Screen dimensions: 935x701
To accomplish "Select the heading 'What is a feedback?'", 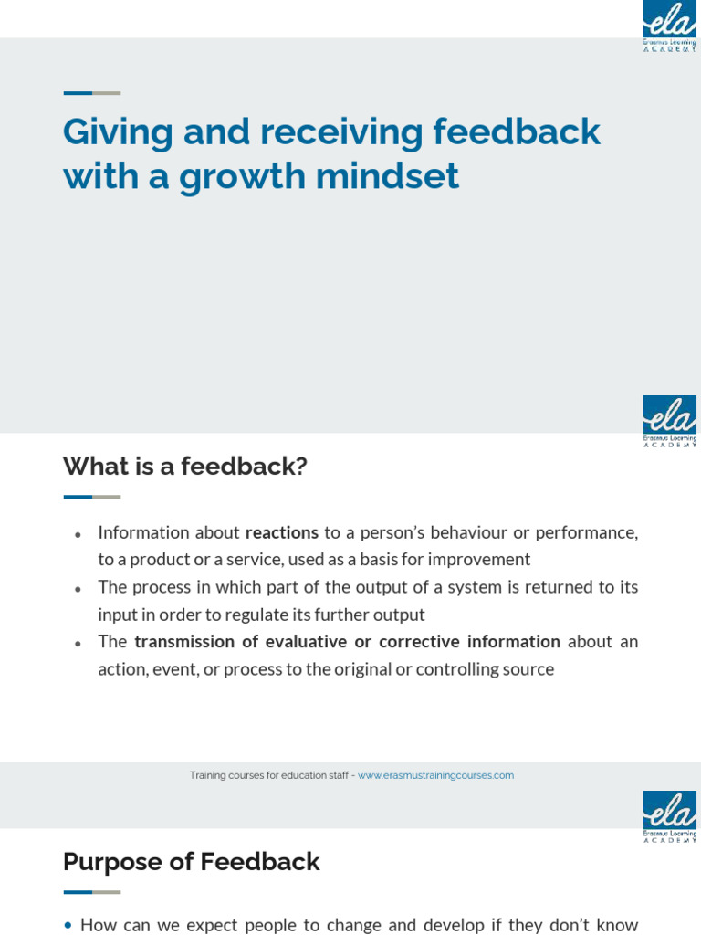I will tap(184, 467).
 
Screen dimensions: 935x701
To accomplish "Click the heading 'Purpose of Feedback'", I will tap(191, 862).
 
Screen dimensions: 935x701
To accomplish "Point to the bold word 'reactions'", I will tap(282, 532).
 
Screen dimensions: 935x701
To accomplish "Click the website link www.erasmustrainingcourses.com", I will tap(435, 775).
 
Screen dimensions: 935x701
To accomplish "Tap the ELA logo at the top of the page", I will tap(669, 26).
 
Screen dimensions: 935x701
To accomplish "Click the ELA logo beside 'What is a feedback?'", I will tap(669, 421).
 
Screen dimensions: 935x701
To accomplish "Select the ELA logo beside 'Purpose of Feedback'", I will tap(669, 816).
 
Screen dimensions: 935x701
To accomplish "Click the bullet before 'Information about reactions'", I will tap(78, 534).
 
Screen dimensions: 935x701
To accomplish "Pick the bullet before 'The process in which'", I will tap(78, 589).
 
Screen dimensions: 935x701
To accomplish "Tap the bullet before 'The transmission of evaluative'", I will tap(78, 644).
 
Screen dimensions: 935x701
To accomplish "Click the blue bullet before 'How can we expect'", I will tap(68, 926).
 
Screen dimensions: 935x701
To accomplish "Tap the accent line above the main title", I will tap(91, 93).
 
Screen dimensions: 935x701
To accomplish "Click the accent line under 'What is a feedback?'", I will tap(91, 497).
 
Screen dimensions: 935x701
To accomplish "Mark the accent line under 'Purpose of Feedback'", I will tap(91, 892).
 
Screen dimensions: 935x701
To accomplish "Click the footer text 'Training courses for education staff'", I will tap(269, 775).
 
